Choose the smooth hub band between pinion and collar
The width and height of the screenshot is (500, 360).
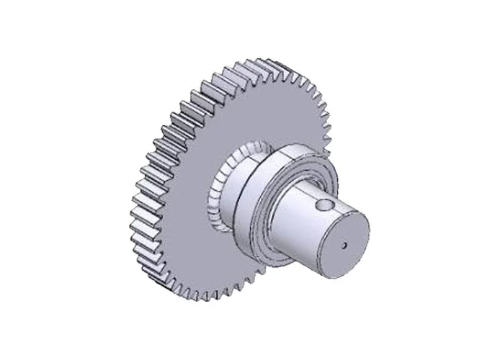click(x=238, y=194)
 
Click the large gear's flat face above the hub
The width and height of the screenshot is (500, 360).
click(x=245, y=108)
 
